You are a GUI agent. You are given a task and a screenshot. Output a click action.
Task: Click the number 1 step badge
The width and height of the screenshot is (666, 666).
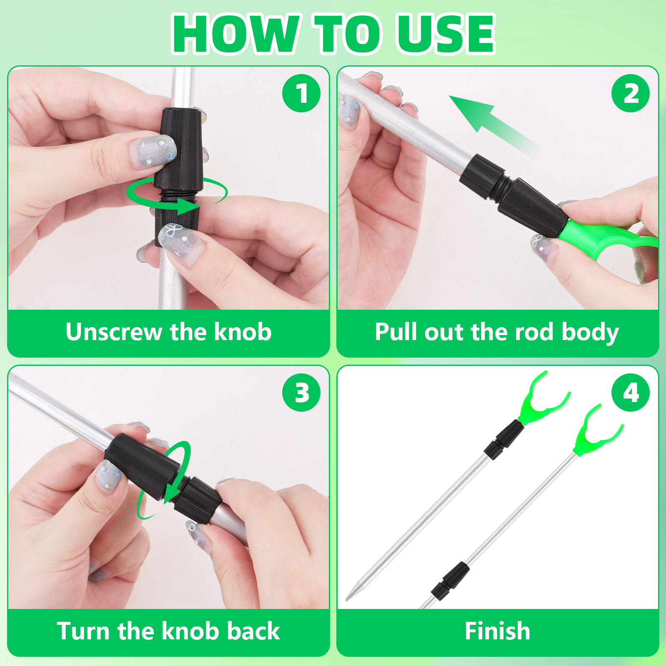point(301,93)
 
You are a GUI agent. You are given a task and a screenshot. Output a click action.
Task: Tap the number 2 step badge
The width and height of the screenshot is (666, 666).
point(631,93)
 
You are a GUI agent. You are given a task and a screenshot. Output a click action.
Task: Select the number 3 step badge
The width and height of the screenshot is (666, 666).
point(301,393)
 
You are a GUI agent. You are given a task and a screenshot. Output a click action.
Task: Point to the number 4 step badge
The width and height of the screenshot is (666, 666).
point(631,393)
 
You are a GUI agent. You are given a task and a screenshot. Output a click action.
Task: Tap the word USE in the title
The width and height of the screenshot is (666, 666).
point(445,34)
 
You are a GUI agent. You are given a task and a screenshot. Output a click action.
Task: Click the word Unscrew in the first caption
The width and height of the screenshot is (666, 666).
point(114,332)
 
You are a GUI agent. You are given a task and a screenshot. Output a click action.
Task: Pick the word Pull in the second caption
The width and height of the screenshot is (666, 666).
point(396,332)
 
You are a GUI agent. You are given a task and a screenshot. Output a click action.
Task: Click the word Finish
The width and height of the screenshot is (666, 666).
point(497,631)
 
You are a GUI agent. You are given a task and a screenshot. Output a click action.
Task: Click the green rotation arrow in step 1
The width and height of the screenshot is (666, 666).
point(177,196)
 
